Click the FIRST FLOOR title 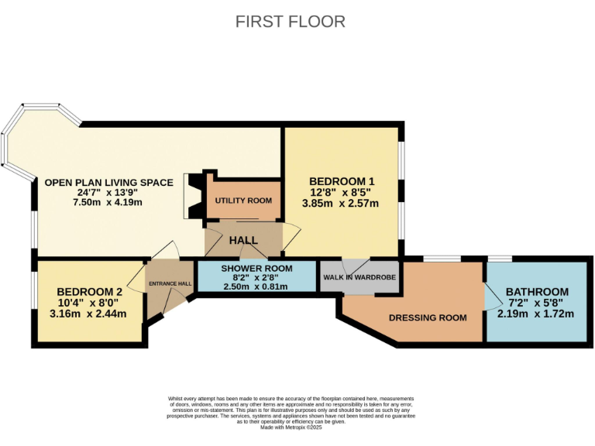291,22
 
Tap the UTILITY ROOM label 243,201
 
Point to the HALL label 243,240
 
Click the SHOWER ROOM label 256,268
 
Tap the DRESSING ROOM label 428,317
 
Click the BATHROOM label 537,292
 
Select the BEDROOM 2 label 90,292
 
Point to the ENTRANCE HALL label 170,283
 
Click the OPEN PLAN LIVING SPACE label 108,183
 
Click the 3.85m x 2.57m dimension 340,204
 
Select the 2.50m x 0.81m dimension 256,286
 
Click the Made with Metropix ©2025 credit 291,427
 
